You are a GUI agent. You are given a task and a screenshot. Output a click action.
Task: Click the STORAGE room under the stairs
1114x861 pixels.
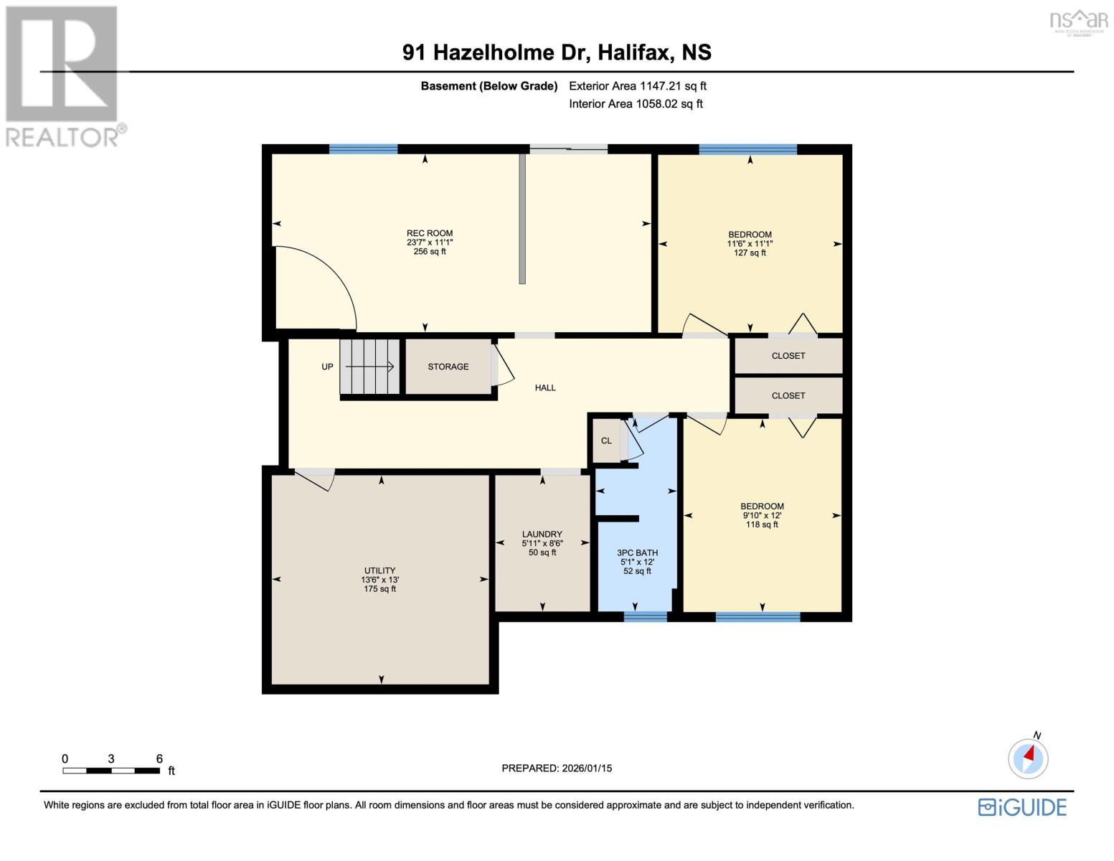click(448, 367)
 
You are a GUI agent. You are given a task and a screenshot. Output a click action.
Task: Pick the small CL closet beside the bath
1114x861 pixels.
click(606, 441)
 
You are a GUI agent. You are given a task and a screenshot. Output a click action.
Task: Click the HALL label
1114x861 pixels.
click(545, 387)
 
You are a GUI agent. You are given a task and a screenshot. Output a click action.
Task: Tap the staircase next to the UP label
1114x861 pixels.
click(369, 367)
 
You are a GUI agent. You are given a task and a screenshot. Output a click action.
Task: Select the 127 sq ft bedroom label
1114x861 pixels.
click(750, 243)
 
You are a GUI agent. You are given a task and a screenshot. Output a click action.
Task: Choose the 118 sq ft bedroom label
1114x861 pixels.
click(762, 515)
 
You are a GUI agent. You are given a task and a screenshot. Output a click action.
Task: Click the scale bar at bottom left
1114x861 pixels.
click(111, 771)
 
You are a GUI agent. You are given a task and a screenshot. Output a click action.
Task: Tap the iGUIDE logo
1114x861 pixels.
click(1022, 807)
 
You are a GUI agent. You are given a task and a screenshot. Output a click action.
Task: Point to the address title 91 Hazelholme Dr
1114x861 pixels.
click(557, 52)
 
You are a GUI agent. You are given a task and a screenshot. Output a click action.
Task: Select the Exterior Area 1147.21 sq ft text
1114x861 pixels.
click(637, 86)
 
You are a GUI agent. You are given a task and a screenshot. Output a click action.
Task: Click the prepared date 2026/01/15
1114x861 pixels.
click(557, 768)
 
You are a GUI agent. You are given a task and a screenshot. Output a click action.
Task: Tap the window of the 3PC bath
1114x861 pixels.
click(645, 616)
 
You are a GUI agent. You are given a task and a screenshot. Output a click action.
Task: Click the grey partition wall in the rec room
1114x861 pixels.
click(522, 219)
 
